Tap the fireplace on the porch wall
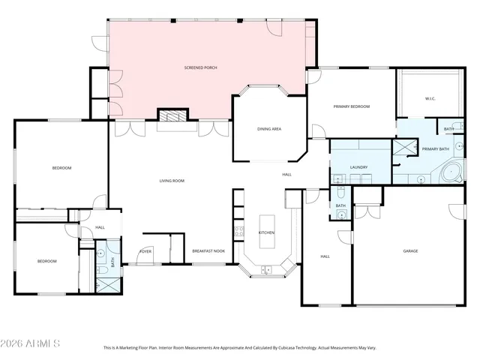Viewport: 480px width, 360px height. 170,115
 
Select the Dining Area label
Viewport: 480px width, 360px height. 269,130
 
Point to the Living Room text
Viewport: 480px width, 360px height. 172,181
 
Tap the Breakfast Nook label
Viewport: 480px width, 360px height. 208,251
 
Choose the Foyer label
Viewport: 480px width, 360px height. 145,251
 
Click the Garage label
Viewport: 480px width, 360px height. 410,251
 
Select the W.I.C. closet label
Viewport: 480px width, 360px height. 430,98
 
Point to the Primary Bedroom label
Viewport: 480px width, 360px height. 352,107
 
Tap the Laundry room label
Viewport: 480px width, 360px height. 358,167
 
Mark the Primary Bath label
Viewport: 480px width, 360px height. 435,149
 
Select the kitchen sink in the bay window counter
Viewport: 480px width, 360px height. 267,269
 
